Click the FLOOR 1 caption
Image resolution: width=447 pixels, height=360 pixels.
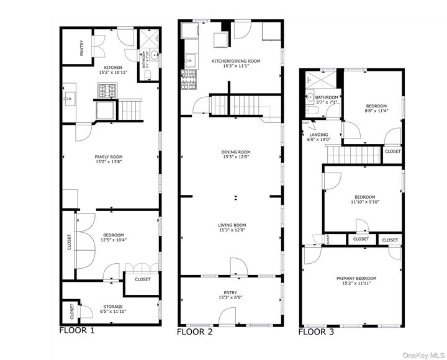(x=76, y=331)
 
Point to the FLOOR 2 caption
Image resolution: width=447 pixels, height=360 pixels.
(x=194, y=332)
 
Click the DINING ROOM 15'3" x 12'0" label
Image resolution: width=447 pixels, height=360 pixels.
(x=236, y=155)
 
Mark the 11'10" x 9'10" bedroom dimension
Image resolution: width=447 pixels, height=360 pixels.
(x=364, y=201)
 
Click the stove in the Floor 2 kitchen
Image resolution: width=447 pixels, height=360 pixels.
(x=189, y=79)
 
